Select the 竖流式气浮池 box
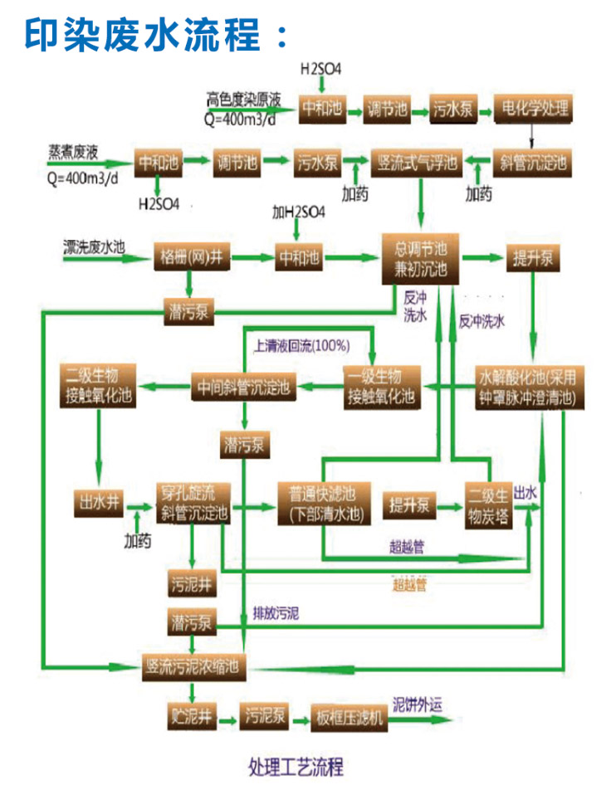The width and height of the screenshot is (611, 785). click(418, 163)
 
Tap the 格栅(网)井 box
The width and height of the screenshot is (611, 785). click(190, 257)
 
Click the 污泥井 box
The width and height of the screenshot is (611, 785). click(192, 580)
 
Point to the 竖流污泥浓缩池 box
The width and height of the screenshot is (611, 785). click(193, 666)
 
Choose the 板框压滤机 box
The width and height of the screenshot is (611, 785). click(349, 716)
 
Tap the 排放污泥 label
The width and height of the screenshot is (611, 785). click(276, 614)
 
